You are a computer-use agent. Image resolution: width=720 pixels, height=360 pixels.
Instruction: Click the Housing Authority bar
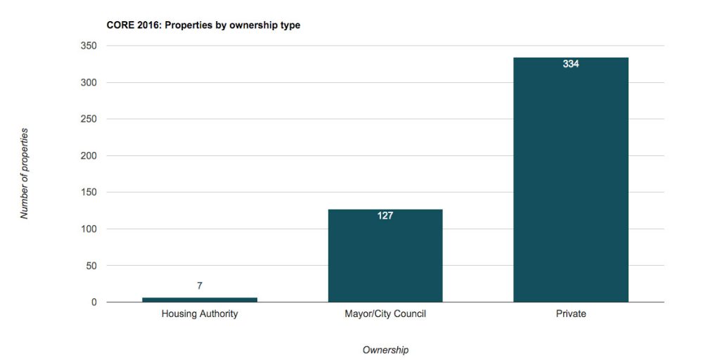[200, 300]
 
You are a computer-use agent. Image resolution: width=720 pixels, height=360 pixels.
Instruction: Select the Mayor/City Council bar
[385, 257]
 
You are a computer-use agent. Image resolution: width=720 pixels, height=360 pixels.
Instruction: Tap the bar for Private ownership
[570, 183]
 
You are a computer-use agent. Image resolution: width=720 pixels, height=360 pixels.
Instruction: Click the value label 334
[571, 64]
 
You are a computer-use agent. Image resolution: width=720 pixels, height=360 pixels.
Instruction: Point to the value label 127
[385, 216]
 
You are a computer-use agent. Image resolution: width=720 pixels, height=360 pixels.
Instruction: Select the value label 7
[200, 285]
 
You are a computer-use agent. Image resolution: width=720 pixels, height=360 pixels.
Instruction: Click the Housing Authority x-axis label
[200, 314]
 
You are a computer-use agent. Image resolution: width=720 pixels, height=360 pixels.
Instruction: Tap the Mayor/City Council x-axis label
[385, 314]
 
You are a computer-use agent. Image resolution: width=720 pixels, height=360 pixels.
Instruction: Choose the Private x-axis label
[571, 314]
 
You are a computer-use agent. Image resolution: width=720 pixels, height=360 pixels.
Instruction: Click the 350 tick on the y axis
[89, 46]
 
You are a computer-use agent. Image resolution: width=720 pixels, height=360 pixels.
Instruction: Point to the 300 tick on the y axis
[89, 82]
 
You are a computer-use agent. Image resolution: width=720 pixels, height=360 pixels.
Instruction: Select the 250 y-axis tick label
[89, 119]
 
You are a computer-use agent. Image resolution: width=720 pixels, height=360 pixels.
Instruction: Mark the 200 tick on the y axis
[89, 155]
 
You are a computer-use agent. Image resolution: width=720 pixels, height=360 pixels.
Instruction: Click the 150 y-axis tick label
[89, 192]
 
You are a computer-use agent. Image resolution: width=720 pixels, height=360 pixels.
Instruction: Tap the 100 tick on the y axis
[89, 229]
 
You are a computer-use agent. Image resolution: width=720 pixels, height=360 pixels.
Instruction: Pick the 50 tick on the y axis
[92, 266]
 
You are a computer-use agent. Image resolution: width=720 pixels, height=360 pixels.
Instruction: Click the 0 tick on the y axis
[94, 302]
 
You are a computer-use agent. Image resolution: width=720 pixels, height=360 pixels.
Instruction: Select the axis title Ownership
[385, 349]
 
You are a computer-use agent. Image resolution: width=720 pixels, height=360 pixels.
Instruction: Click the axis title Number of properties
[25, 174]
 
